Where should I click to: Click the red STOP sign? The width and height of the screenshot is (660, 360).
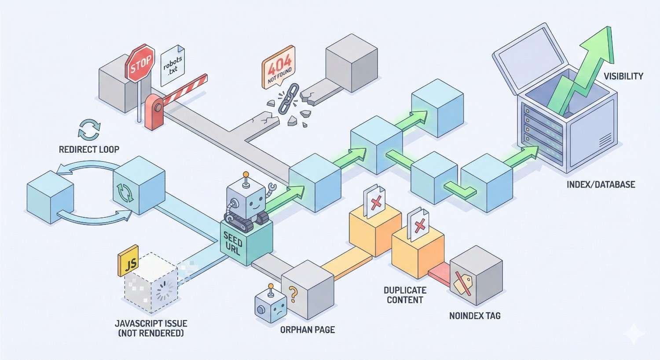click(140, 63)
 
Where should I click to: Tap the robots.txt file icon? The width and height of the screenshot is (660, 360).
click(173, 65)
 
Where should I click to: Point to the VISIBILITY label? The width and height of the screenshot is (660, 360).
click(623, 76)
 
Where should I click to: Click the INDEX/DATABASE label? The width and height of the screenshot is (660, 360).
click(601, 184)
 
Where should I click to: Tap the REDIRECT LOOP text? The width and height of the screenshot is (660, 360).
click(89, 149)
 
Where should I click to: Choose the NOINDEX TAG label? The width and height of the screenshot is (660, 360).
click(474, 316)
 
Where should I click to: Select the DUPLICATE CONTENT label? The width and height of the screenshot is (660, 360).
click(405, 295)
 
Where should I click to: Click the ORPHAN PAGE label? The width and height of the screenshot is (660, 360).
click(307, 329)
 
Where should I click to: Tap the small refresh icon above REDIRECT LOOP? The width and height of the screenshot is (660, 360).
click(89, 129)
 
